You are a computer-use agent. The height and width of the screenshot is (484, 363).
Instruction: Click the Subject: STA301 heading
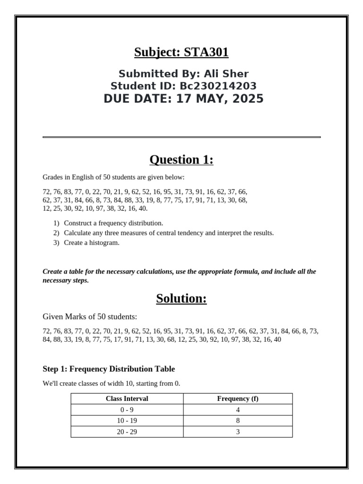click(181, 52)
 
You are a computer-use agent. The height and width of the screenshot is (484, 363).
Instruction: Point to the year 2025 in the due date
click(247, 99)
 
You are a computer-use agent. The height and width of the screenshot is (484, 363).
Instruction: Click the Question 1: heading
click(181, 160)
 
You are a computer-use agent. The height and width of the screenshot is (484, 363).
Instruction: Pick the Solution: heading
click(181, 299)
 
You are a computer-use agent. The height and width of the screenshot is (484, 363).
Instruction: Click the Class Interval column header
click(127, 398)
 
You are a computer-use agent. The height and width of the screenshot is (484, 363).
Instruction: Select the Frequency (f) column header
click(238, 398)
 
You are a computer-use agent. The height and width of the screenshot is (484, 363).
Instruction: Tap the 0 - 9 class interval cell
click(127, 410)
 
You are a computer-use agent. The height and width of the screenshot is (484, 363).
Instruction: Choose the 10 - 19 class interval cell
click(127, 421)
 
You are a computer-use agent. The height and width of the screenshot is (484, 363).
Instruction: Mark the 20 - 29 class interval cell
click(127, 432)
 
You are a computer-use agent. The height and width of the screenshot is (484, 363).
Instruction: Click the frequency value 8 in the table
click(238, 421)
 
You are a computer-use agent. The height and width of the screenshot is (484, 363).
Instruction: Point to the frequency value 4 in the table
click(238, 410)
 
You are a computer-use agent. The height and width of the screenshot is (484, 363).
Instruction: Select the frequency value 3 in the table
click(238, 432)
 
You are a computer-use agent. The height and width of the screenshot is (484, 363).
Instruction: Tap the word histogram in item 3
click(105, 243)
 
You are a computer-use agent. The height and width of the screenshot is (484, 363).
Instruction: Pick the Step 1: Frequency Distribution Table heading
click(109, 369)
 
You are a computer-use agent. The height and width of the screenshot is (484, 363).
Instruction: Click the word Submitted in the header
click(141, 74)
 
